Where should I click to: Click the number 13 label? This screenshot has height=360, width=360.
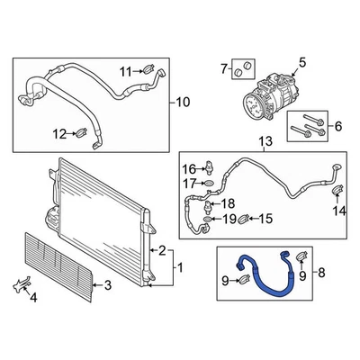[x=264, y=142]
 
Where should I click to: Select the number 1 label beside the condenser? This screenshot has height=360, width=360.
[x=179, y=267]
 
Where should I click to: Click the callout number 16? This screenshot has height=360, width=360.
[x=189, y=168]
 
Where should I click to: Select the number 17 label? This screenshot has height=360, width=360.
[x=189, y=184]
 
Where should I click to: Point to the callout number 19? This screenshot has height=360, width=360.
[x=229, y=219]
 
